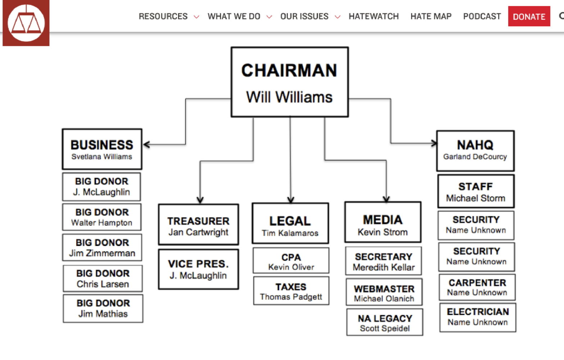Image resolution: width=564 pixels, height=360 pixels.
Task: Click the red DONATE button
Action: pyautogui.click(x=529, y=17)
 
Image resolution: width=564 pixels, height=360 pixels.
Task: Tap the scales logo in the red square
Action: pyautogui.click(x=26, y=23)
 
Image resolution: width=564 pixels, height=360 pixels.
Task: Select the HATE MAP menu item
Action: pyautogui.click(x=431, y=17)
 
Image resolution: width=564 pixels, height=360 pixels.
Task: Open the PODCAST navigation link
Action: pyautogui.click(x=482, y=17)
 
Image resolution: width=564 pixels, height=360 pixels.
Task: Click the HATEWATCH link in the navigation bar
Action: pyautogui.click(x=373, y=17)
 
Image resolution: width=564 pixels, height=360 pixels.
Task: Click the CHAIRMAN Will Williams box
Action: pyautogui.click(x=290, y=82)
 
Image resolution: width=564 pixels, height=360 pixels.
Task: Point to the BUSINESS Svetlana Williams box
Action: pyautogui.click(x=102, y=149)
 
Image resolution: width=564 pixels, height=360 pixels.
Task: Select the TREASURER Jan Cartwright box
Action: pyautogui.click(x=198, y=225)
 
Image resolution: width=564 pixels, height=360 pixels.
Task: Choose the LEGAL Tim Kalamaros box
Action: pyautogui.click(x=290, y=223)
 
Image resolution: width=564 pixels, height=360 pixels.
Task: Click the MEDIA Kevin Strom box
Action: pyautogui.click(x=383, y=222)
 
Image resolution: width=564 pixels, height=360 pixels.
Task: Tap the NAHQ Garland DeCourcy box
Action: pyautogui.click(x=475, y=150)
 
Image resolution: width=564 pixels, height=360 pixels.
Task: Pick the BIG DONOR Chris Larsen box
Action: pyautogui.click(x=103, y=279)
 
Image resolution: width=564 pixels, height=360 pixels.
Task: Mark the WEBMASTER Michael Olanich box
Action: pyautogui.click(x=384, y=292)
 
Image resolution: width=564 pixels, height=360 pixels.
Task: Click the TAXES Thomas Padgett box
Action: pyautogui.click(x=291, y=291)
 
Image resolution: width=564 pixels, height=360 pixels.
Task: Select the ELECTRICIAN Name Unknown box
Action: pyautogui.click(x=478, y=317)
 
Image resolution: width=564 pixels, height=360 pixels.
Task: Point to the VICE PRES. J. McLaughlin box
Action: pyautogui.click(x=198, y=269)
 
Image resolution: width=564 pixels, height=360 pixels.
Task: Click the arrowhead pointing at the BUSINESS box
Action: pyautogui.click(x=146, y=145)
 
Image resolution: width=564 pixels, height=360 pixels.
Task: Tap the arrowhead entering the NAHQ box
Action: pyautogui.click(x=434, y=143)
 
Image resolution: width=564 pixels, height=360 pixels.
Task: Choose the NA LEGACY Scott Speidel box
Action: pyautogui.click(x=385, y=323)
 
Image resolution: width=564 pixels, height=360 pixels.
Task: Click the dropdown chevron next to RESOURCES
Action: pyautogui.click(x=196, y=17)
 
